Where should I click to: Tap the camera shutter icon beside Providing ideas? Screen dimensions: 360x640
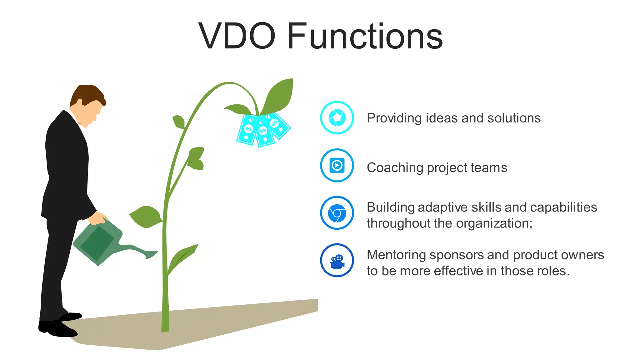click(337, 118)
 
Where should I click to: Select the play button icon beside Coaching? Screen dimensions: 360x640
click(337, 165)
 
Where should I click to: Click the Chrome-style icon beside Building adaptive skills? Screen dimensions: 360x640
click(337, 213)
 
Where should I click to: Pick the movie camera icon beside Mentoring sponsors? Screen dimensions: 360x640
click(337, 261)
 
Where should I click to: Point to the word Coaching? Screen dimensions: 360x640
click(395, 168)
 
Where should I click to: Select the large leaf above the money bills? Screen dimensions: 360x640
click(279, 95)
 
